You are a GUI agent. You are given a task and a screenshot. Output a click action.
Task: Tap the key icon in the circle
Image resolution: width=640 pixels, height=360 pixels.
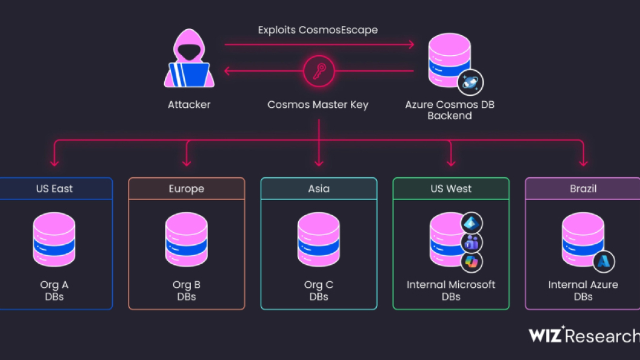[319, 71]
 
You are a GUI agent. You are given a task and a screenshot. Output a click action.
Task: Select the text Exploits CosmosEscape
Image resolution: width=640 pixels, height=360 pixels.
[318, 30]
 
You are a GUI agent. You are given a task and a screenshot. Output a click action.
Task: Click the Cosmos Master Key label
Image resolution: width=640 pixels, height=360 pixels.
[318, 104]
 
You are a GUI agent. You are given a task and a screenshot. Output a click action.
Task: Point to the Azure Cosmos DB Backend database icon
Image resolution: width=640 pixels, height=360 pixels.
[450, 60]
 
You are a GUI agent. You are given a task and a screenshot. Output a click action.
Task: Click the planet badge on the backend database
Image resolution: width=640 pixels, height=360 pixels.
[470, 82]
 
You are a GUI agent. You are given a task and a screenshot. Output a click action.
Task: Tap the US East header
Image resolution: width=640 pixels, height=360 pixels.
[55, 188]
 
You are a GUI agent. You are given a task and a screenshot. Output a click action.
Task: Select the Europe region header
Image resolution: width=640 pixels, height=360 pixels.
[187, 188]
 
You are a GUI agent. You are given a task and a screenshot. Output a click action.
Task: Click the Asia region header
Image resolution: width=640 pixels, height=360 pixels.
[319, 188]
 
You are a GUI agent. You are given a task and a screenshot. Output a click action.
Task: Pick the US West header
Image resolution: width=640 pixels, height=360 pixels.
[451, 188]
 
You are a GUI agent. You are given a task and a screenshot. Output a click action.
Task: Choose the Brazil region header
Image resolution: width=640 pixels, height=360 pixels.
[583, 188]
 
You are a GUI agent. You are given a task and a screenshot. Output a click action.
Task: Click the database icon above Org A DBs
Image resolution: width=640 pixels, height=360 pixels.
[55, 239]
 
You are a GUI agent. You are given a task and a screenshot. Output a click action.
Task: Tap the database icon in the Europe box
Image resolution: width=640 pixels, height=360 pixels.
[187, 239]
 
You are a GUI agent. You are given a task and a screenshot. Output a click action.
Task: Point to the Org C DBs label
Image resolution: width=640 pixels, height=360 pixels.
[319, 290]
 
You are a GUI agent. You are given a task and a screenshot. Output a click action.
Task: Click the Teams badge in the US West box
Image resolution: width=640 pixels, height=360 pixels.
[472, 243]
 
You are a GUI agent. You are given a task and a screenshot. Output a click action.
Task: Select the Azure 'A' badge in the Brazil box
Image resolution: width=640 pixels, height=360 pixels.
[604, 261]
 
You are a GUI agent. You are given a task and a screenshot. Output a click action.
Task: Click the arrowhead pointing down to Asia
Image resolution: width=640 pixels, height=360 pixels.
[319, 163]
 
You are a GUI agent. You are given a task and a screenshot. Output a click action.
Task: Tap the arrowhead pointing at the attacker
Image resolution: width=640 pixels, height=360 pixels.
[227, 71]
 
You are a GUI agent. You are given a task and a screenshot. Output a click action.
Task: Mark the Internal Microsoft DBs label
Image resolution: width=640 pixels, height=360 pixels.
[451, 290]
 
